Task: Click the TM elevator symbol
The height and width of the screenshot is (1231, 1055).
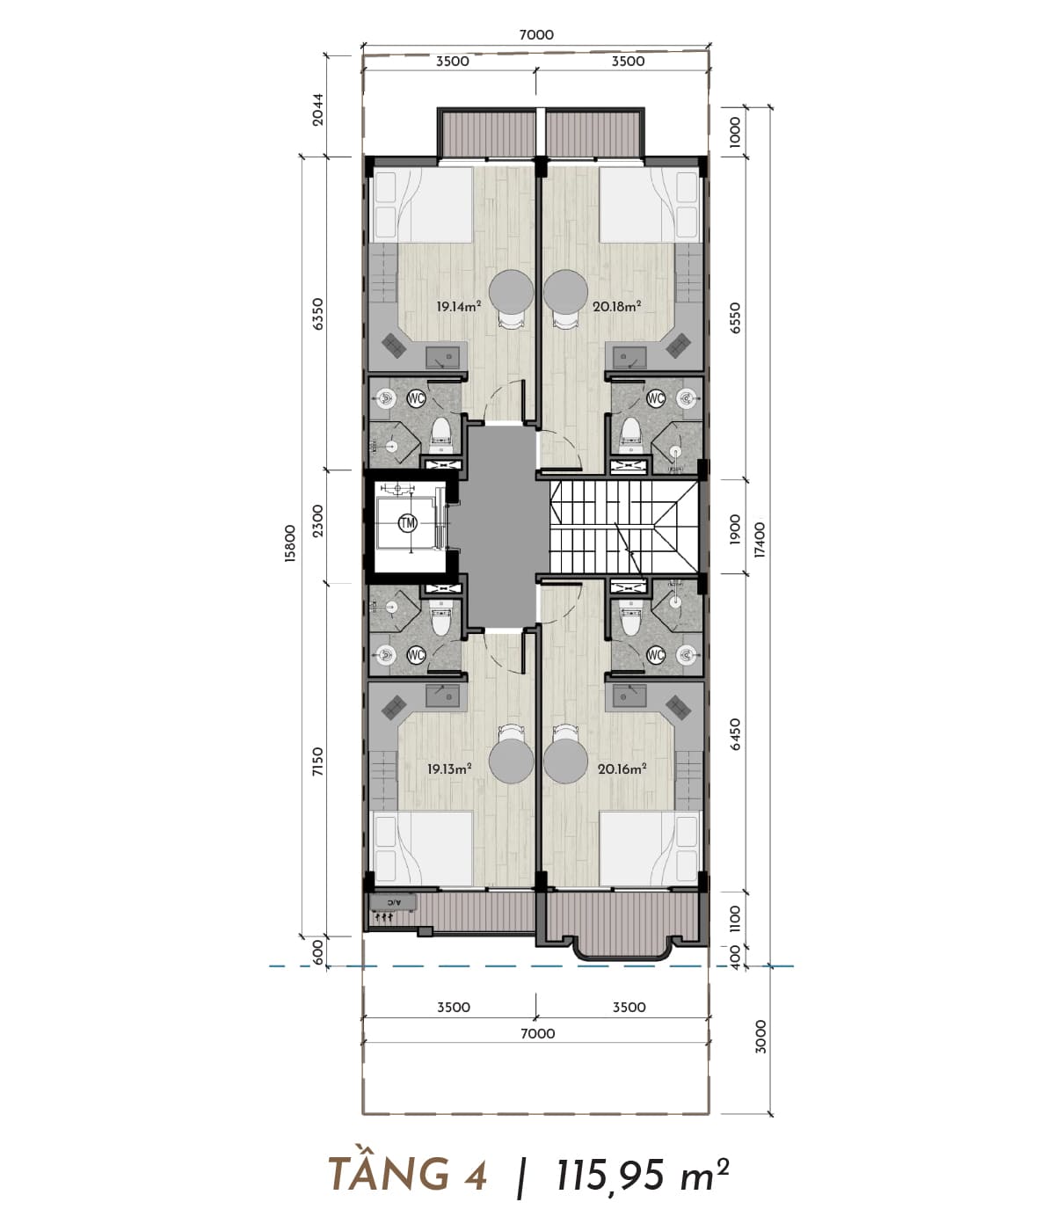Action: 408,523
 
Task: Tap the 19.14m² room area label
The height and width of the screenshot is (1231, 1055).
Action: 458,307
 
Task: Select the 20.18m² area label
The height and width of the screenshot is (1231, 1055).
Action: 617,307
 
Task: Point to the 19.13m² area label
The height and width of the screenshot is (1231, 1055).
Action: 449,768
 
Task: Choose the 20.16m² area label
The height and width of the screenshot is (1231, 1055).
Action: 622,768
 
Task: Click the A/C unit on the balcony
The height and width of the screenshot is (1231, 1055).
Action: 393,903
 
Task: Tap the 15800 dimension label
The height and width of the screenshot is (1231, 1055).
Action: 290,543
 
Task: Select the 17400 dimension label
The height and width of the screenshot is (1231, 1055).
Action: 760,540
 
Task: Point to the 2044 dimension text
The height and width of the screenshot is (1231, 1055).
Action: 318,109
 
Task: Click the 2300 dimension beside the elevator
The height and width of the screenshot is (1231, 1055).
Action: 318,521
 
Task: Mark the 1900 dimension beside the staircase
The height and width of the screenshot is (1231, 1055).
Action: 735,528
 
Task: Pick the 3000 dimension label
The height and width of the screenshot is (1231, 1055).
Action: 760,1037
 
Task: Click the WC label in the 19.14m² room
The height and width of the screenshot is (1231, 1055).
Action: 416,397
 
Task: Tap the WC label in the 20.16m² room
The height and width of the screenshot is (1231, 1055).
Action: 655,656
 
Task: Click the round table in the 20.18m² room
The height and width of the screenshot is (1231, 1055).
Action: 565,292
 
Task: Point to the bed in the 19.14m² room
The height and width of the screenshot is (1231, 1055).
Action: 421,205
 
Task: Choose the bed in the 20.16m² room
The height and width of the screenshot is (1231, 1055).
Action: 651,848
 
